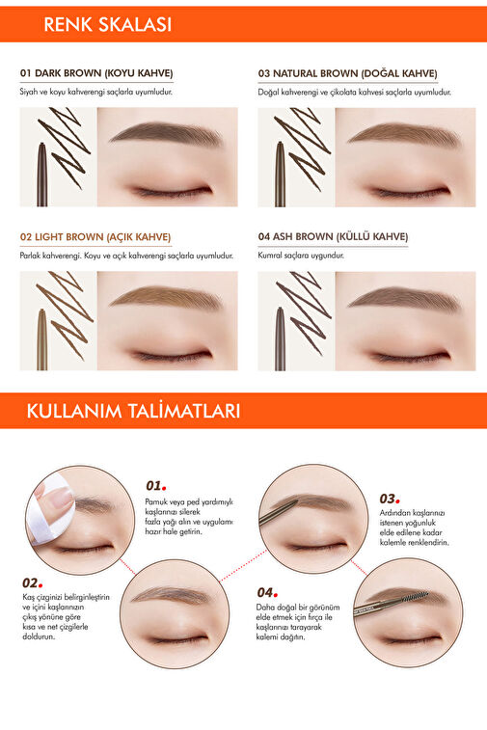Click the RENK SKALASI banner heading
point(108,24)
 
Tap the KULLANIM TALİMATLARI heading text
point(133,411)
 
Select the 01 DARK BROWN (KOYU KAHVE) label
point(96,73)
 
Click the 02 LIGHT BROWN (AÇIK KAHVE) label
point(95,237)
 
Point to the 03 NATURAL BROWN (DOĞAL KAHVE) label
point(348,73)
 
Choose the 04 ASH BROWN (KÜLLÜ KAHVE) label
point(333,236)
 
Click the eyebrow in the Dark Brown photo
point(166,133)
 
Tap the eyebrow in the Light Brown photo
point(166,297)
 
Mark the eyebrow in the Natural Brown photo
point(404,133)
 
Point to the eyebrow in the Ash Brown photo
point(404,298)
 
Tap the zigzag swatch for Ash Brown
point(303,312)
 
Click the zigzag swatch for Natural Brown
point(302,149)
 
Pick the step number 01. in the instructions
point(156,486)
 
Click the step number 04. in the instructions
point(267,593)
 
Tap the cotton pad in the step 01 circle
point(49,507)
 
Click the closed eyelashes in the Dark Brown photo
point(172,191)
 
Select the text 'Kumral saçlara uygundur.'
point(301,256)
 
